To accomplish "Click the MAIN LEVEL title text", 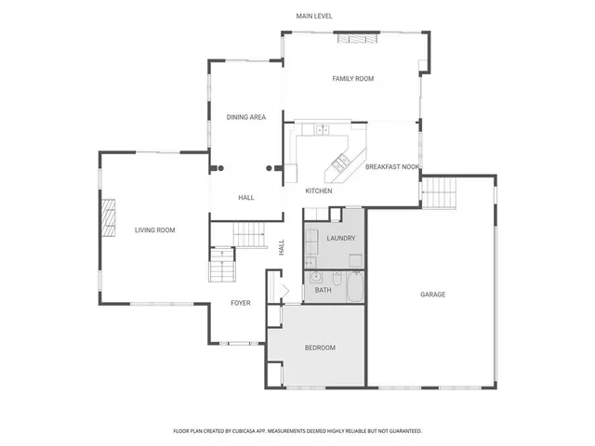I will pos(314,16).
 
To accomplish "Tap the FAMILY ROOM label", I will pos(352,79).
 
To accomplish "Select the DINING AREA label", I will pos(246,117).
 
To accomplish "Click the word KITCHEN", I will pos(319,190).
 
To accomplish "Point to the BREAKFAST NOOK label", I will pos(392,167).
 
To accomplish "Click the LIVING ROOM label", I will pos(155,230).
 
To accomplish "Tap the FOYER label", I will pos(242,303).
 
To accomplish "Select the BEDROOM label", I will pos(320,348).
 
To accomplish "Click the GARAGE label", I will pos(432,295).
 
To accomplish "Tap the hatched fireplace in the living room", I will pos(108,219).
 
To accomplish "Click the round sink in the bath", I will pos(316,277).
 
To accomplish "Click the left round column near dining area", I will pos(220,168).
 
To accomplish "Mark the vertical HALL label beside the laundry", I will pos(281,248).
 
